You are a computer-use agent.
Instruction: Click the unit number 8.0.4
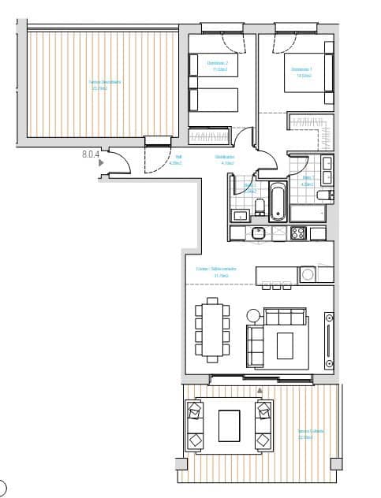[x=90, y=155]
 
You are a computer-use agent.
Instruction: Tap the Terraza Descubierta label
[x=99, y=84]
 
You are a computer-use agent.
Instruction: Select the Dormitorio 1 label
[x=304, y=72]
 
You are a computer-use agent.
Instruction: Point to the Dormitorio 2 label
[x=217, y=65]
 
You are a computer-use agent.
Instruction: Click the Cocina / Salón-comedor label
[x=213, y=273]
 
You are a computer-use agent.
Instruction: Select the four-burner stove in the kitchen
[x=299, y=233]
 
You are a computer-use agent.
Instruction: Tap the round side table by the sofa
[x=253, y=314]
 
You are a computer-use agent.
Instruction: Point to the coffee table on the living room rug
[x=284, y=344]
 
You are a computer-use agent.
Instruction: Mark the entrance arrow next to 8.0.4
[x=99, y=162]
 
